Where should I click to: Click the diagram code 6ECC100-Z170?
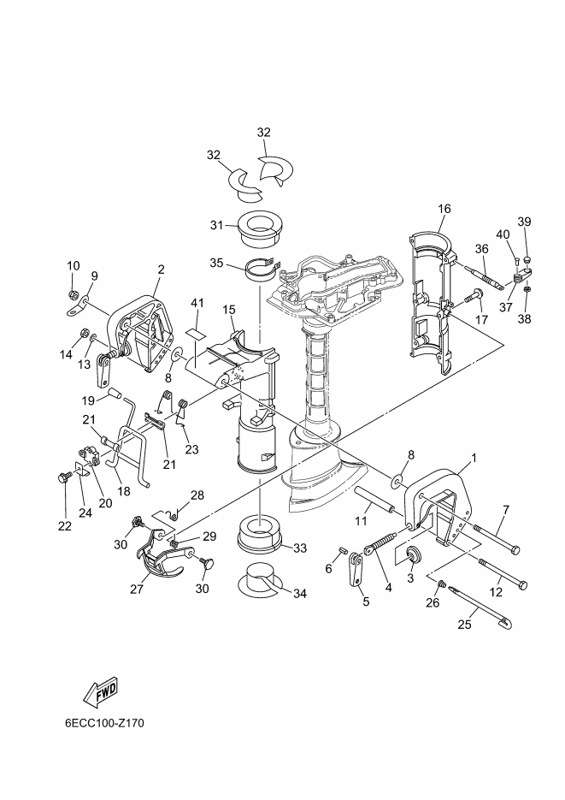104,723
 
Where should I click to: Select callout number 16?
444,208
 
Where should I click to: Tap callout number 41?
197,303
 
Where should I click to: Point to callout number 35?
216,263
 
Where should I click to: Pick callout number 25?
465,624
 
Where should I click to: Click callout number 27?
137,589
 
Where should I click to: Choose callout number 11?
361,521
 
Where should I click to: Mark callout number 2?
161,270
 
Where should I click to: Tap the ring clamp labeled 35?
263,270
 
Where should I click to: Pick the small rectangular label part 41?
194,332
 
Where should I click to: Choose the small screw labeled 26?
442,583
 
